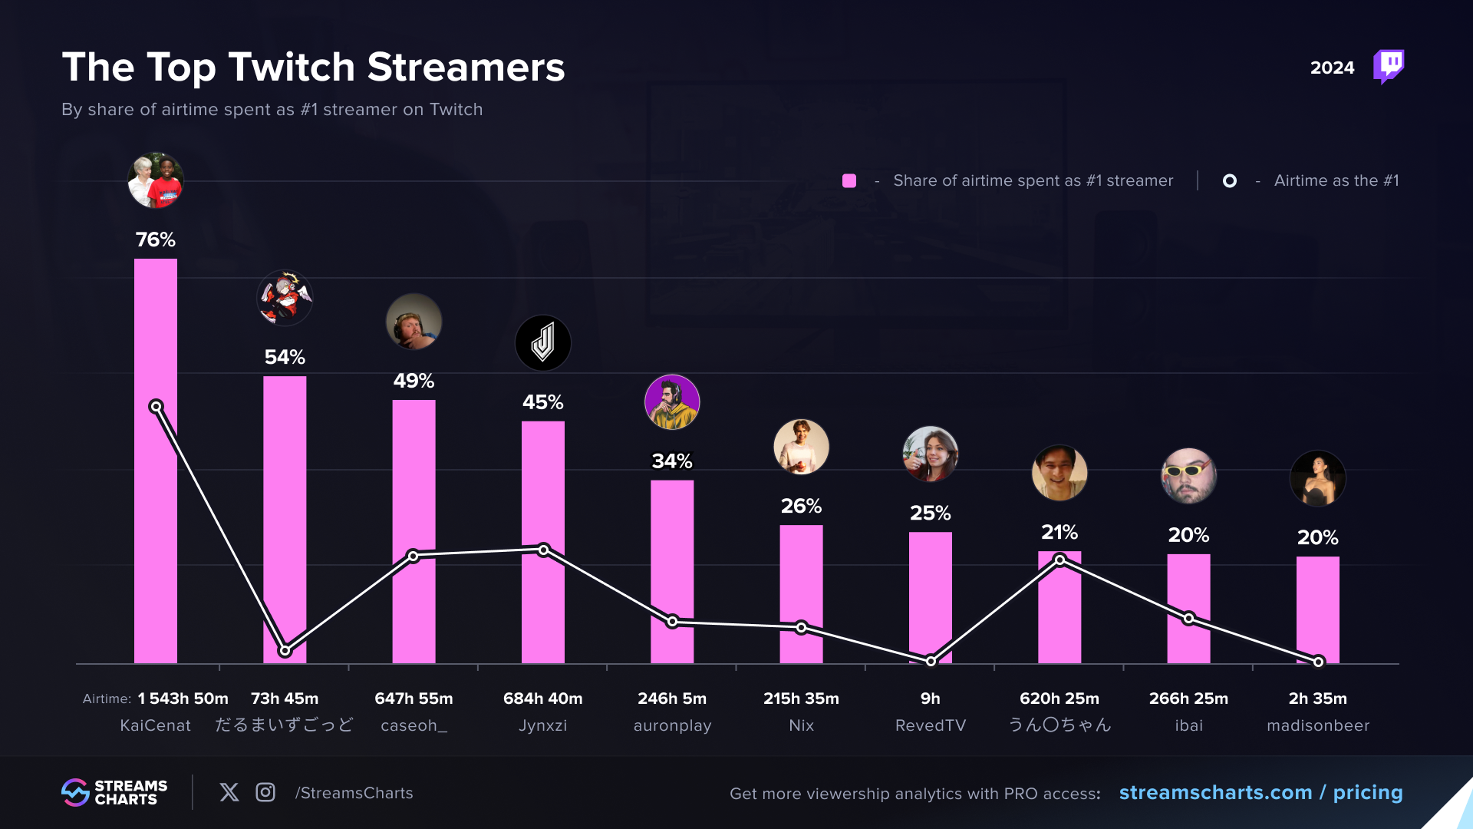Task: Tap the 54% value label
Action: [285, 357]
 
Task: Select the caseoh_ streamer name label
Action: [414, 725]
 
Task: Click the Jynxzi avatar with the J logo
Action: [543, 343]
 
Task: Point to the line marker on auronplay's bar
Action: [672, 621]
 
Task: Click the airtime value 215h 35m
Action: [801, 699]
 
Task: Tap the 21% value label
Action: [1059, 532]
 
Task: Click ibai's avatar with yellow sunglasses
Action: [1188, 476]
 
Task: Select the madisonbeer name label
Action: [1318, 725]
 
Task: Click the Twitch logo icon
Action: [1389, 67]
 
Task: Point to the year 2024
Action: [1333, 68]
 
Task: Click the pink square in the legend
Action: [849, 180]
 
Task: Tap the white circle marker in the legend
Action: [1230, 180]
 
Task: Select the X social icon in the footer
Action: [229, 792]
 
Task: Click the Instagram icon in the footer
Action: [265, 792]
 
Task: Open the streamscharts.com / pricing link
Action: [1260, 792]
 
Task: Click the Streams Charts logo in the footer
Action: [114, 792]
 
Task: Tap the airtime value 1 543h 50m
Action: [183, 699]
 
